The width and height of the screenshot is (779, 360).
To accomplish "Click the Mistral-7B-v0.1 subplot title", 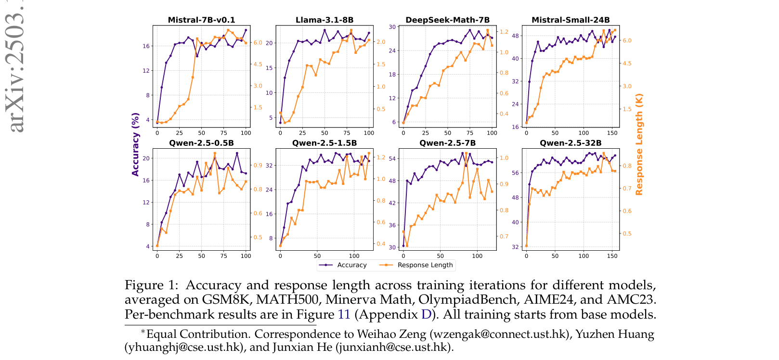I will tap(201, 20).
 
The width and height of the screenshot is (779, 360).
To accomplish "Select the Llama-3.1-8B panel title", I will tap(324, 20).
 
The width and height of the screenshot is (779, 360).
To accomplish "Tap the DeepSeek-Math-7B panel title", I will tap(447, 20).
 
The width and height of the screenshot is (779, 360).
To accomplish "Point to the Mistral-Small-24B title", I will tap(571, 20).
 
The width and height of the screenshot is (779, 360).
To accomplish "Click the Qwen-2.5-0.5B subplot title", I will tap(201, 143).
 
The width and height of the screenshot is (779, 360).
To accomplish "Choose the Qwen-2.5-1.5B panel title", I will tap(324, 143).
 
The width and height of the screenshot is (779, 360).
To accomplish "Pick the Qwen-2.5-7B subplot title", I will tap(447, 143).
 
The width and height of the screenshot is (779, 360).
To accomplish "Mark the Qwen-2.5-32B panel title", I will tap(571, 143).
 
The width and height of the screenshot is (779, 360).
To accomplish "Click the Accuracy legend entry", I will tap(351, 265).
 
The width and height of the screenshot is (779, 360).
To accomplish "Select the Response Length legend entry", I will tap(425, 265).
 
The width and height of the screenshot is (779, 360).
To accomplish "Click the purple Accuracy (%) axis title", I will tap(135, 144).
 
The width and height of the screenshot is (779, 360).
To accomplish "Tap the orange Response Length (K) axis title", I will tap(639, 144).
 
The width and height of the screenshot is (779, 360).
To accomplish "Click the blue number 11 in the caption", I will tap(344, 314).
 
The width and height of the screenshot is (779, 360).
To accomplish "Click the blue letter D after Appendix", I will tap(426, 314).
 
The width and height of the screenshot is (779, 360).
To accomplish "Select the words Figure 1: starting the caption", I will tap(151, 285).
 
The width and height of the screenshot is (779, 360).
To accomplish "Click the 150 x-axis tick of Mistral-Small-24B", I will tap(612, 133).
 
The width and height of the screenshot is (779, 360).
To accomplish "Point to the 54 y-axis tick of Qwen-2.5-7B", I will tap(392, 158).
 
